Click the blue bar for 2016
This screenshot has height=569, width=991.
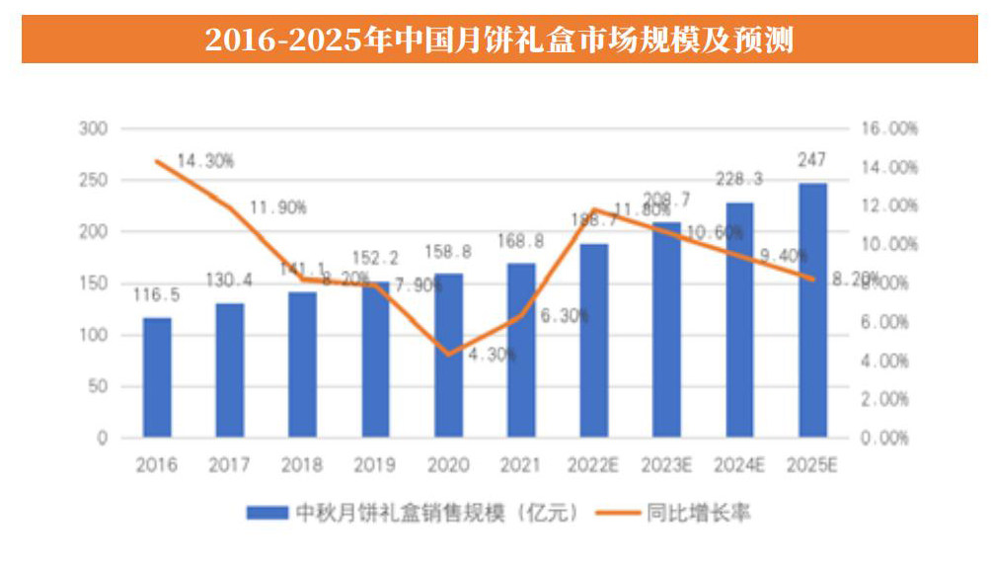(x=157, y=377)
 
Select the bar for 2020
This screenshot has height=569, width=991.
(x=449, y=356)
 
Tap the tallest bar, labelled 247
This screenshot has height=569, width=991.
(x=813, y=310)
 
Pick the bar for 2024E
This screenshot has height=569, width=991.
(x=740, y=320)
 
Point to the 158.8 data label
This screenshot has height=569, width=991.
(x=449, y=252)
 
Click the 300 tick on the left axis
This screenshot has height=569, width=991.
(x=95, y=129)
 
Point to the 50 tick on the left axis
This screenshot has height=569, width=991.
(x=99, y=387)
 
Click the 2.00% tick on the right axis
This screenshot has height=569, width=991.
(x=886, y=400)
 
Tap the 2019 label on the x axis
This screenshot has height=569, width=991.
(x=375, y=464)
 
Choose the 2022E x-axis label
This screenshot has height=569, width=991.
(x=594, y=464)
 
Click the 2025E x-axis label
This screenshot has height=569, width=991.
(x=812, y=464)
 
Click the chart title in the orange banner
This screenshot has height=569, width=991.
(x=499, y=40)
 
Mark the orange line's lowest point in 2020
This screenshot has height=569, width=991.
(x=449, y=354)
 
